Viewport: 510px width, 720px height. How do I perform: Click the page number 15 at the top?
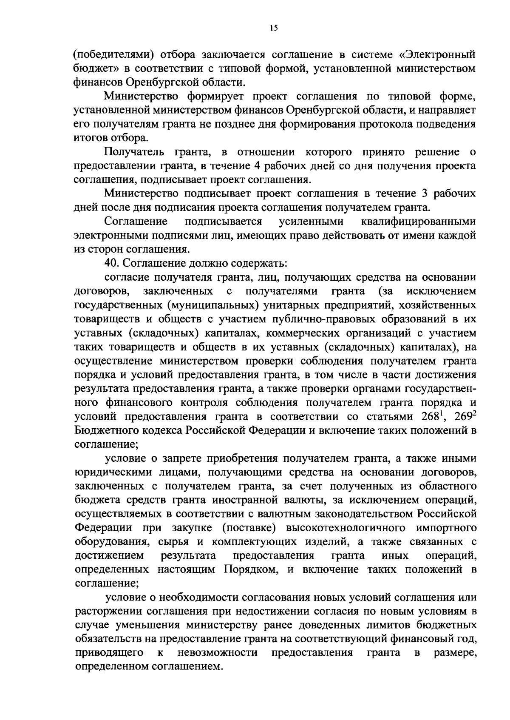[x=273, y=28]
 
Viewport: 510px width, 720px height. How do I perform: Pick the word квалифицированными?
[x=418, y=222]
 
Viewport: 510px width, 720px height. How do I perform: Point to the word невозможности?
[x=218, y=652]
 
